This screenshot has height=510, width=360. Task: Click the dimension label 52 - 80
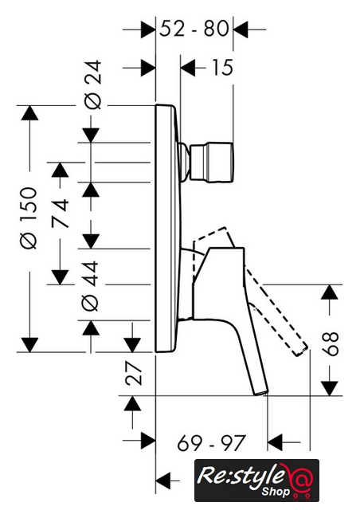click(194, 29)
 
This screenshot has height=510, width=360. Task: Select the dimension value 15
click(222, 68)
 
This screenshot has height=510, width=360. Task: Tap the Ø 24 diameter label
click(92, 85)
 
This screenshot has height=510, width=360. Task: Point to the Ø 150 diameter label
click(29, 218)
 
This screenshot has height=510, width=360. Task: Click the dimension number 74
click(61, 213)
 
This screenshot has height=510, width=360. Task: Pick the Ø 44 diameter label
click(90, 285)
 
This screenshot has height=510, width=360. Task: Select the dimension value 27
click(134, 373)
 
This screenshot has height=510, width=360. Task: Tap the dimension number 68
click(331, 344)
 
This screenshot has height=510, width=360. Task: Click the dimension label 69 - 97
click(211, 443)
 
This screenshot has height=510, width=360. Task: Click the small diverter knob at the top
click(211, 163)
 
